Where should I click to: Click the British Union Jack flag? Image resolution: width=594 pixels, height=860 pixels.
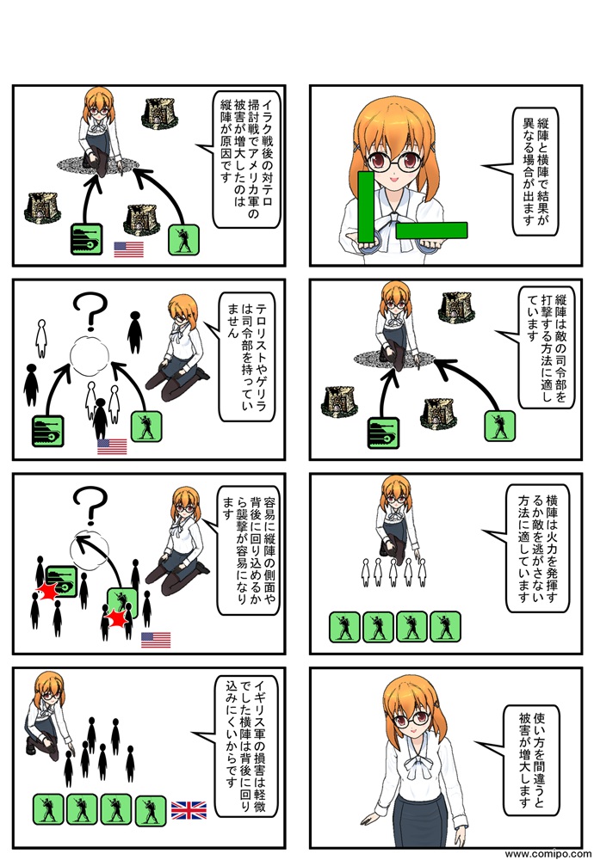pos(189,810)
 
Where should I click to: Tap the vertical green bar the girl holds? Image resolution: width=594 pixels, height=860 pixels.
pos(366,206)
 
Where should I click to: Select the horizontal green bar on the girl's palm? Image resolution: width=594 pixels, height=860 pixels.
pos(431,230)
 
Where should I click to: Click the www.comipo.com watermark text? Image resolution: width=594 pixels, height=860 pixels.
pos(548,854)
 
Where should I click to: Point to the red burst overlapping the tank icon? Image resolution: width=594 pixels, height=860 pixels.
pos(47,592)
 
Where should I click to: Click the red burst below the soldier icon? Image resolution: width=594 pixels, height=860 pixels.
pos(116,618)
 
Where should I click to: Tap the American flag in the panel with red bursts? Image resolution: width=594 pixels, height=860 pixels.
pos(156,640)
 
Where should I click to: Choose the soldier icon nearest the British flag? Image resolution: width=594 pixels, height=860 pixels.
pos(151,810)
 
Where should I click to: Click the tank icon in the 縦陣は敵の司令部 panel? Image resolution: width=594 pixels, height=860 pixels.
pos(381,433)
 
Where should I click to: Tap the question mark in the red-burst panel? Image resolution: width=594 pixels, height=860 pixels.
pos(90,505)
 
